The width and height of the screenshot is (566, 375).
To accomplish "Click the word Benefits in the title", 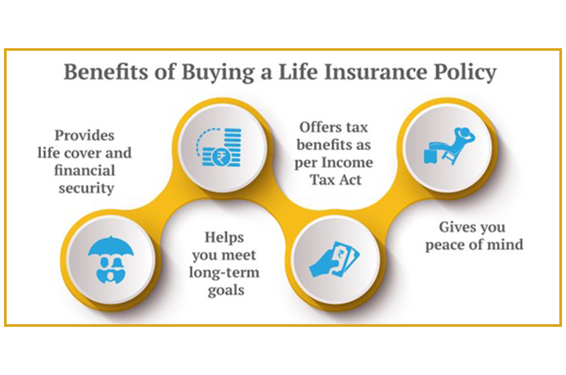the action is tap(106, 72).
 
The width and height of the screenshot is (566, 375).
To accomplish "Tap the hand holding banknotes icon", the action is tap(334, 259).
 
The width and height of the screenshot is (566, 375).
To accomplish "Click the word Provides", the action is tap(84, 136).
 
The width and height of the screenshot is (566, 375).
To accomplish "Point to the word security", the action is tap(86, 189).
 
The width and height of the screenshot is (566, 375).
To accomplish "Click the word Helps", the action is tap(224, 238).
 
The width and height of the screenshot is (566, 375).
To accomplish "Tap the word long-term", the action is tap(224, 273).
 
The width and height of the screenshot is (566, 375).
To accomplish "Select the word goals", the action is tap(226, 291).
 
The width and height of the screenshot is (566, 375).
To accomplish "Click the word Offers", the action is tap(319, 127).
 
